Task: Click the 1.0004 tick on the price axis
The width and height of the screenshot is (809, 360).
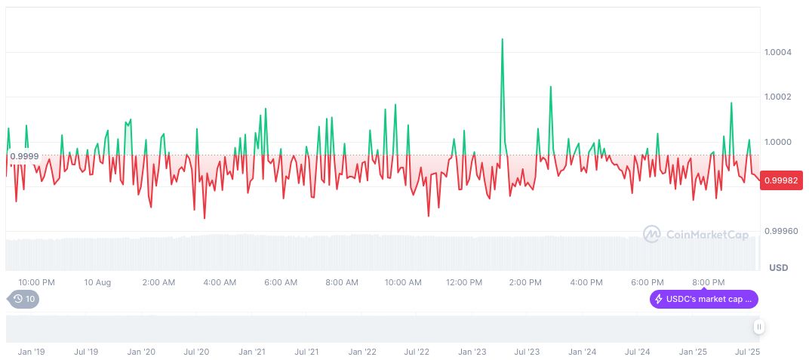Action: point(778,52)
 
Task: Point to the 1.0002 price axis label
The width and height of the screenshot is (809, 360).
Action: point(778,97)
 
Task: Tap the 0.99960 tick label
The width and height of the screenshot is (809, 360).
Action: point(780,231)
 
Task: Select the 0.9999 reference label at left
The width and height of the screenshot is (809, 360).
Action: point(24,156)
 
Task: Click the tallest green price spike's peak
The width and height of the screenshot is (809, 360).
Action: point(502,38)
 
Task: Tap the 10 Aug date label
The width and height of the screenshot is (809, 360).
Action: point(97,282)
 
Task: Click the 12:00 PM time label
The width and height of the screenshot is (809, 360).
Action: point(464,282)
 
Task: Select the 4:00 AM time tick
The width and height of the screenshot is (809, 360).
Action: point(220,282)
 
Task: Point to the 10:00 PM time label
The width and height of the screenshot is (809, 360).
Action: point(36,282)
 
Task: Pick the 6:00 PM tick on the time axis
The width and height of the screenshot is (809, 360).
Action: point(648,282)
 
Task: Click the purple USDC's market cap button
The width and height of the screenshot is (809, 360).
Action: point(704,299)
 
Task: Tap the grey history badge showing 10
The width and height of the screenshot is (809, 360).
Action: point(24,299)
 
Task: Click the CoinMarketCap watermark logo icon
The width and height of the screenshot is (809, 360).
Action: point(651,234)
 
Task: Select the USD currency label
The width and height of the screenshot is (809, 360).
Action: point(778,268)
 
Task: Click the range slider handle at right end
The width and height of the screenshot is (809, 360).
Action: point(758,327)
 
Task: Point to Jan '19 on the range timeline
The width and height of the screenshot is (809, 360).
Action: point(31,352)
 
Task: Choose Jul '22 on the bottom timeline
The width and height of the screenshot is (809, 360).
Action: point(417,352)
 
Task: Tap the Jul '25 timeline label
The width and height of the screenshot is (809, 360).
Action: point(747,352)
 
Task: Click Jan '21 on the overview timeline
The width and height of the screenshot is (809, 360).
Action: point(251,352)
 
